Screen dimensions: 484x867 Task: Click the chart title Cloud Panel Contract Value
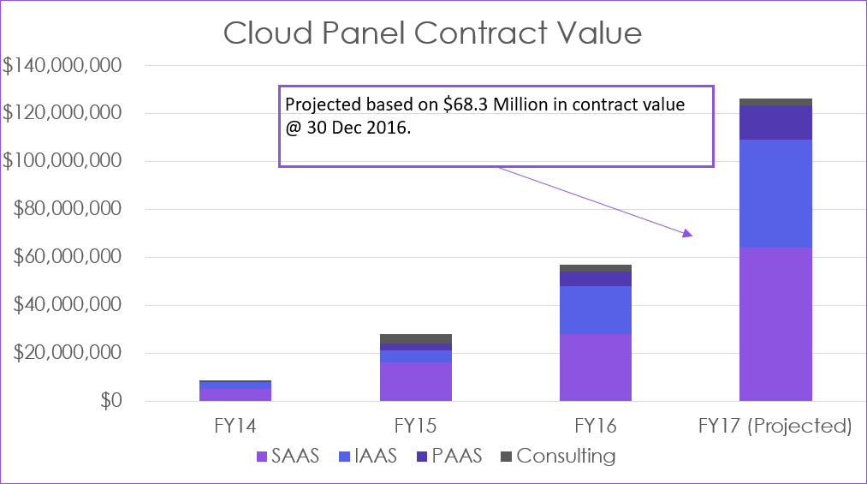pyautogui.click(x=432, y=33)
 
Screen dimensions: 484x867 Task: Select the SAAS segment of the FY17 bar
pyautogui.click(x=775, y=324)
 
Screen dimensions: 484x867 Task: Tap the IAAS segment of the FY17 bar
pyautogui.click(x=775, y=194)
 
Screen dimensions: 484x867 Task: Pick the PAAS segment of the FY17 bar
pyautogui.click(x=775, y=122)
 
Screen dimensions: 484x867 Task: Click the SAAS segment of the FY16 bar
pyautogui.click(x=596, y=367)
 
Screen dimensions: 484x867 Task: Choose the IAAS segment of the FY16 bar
pyautogui.click(x=596, y=309)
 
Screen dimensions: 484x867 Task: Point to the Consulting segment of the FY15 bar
pyautogui.click(x=416, y=338)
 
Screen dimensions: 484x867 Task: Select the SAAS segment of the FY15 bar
pyautogui.click(x=416, y=381)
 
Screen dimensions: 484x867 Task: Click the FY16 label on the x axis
pyautogui.click(x=596, y=426)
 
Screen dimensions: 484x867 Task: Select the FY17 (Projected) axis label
pyautogui.click(x=775, y=426)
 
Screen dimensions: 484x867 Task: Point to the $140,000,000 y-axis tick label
pyautogui.click(x=62, y=65)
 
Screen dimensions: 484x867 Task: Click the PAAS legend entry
pyautogui.click(x=454, y=456)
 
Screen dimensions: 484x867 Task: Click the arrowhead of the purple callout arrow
pyautogui.click(x=687, y=234)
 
